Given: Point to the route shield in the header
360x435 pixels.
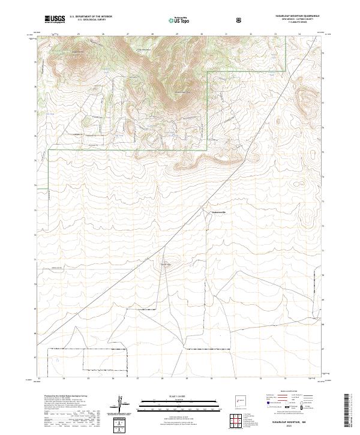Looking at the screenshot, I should click(239, 20).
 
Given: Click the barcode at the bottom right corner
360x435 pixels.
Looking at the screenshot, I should click(347, 412).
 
